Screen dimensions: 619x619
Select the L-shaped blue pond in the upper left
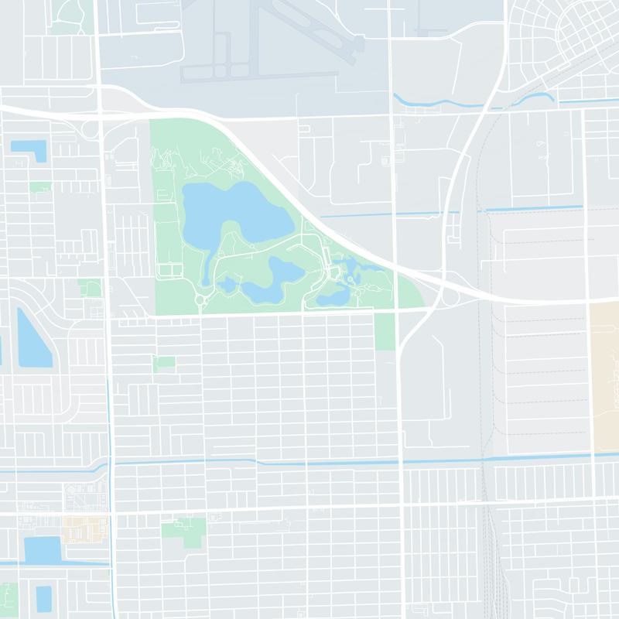31,149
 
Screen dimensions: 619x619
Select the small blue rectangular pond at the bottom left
44,597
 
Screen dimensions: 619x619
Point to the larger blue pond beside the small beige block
43,550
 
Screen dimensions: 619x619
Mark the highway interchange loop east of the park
449,296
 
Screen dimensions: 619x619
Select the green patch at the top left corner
71,15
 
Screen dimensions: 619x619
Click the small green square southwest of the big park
164,362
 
